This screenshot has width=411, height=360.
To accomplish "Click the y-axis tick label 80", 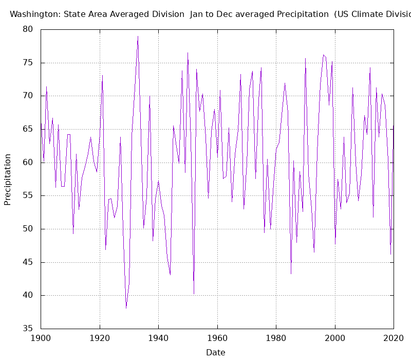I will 27,30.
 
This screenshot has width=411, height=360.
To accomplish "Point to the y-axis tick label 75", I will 27,63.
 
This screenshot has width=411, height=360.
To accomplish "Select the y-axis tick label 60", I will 27,163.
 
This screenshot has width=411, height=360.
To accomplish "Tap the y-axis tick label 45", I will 27,262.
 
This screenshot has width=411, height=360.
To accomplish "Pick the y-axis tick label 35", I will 27,329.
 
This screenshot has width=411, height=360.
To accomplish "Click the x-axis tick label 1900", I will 41,338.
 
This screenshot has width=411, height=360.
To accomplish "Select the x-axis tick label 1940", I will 158,338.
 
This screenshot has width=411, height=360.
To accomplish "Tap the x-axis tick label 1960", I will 217,338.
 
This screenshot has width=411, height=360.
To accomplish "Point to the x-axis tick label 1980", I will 276,338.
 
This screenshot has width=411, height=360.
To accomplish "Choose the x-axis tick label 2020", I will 394,338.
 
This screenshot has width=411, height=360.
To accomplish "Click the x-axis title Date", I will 216,352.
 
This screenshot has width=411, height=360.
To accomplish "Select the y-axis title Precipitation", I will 8,179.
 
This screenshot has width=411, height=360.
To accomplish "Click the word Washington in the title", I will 34,14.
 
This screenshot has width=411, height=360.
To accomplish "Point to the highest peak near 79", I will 138,37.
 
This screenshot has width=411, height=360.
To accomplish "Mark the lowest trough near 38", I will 126,308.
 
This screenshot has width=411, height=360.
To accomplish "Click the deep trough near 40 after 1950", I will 194,294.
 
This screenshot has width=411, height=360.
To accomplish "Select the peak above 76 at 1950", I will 188,52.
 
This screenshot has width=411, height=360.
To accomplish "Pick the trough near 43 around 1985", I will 291,274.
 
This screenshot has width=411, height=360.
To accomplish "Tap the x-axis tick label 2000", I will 335,338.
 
